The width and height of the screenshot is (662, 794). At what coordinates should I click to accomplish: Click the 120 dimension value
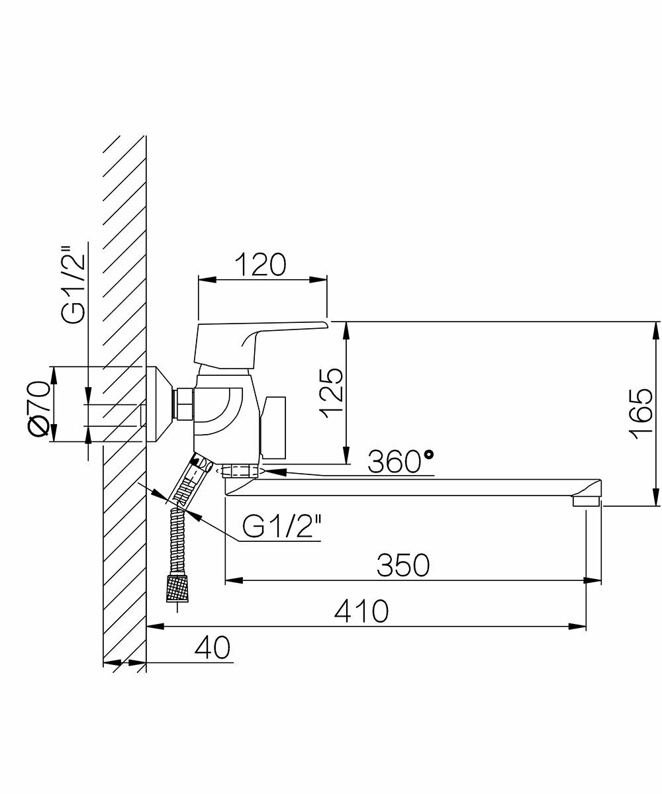260,265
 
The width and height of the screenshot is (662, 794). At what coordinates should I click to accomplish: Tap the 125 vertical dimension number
330,394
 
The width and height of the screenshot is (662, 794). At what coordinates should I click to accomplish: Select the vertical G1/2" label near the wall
73,285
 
